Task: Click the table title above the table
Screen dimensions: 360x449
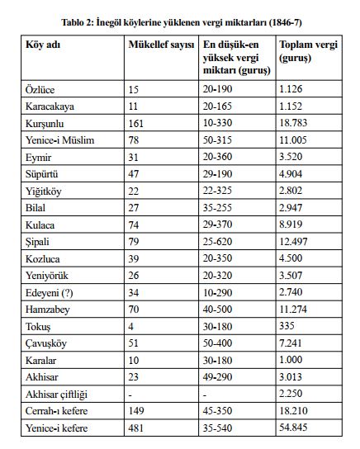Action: tap(180, 20)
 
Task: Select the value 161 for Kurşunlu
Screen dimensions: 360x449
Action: tap(139, 121)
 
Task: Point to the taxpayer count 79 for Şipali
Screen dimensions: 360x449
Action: tap(136, 243)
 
